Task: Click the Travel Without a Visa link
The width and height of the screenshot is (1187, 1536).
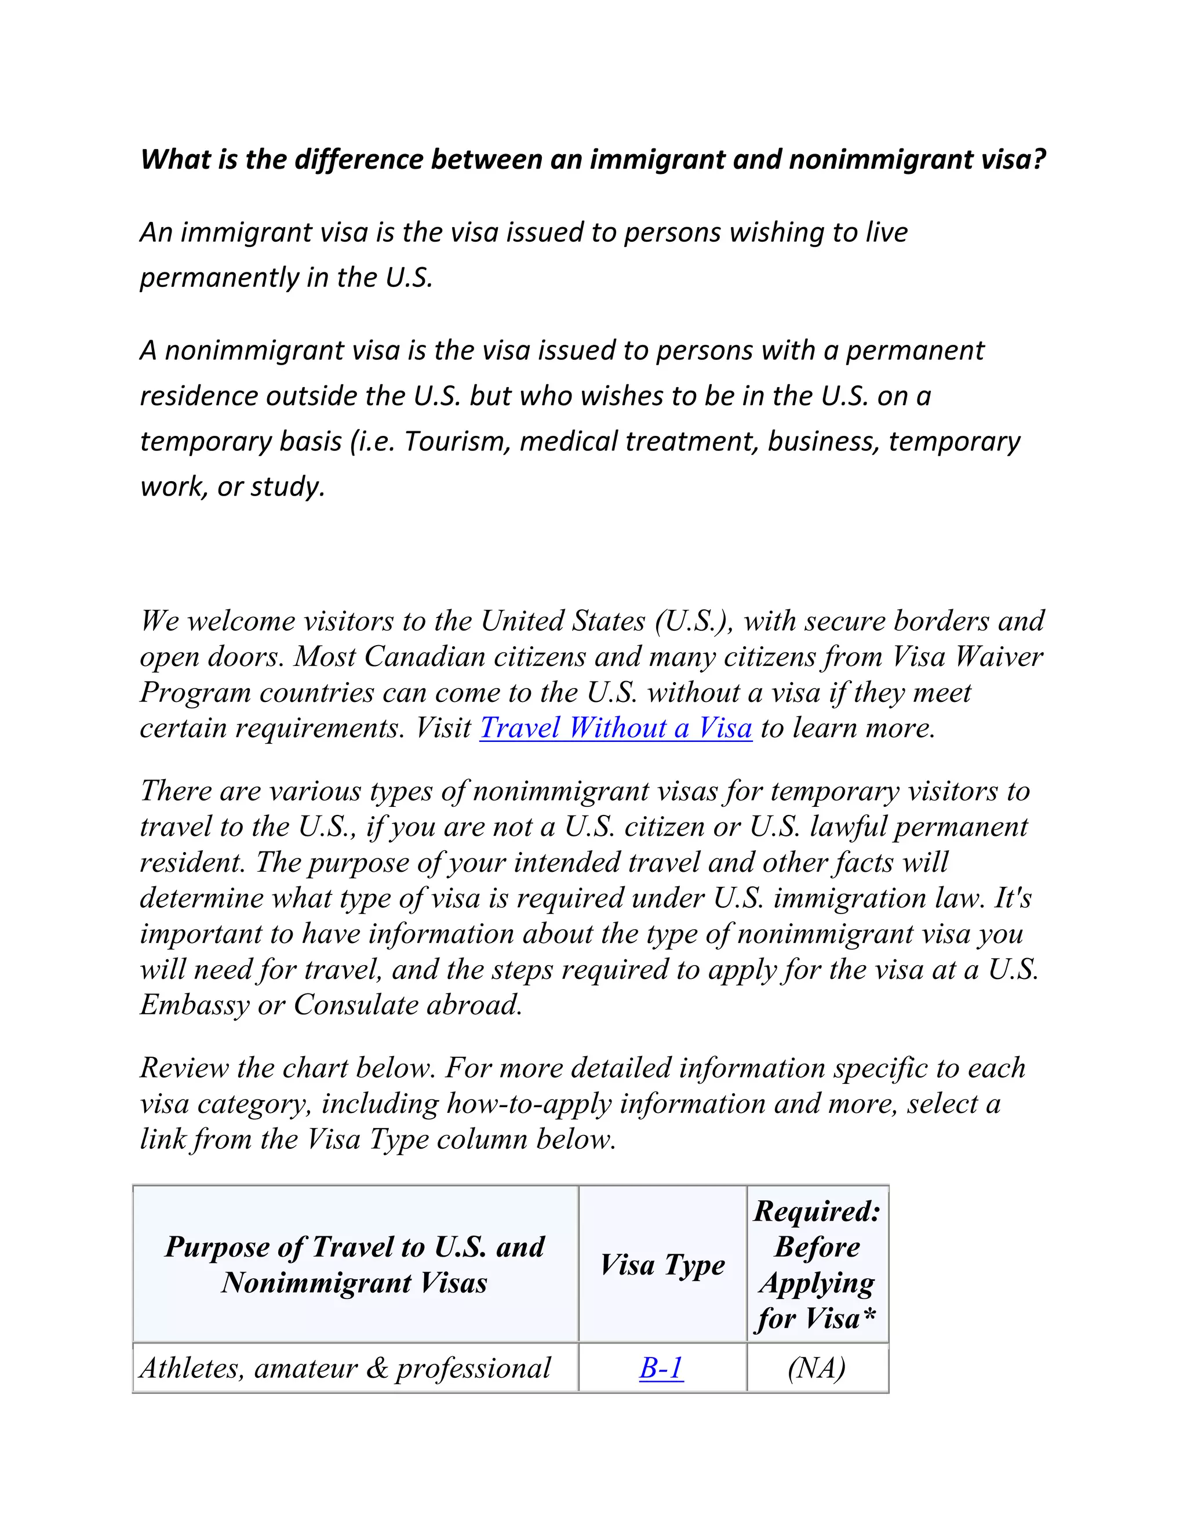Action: pos(616,728)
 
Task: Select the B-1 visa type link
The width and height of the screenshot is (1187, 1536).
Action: pos(661,1368)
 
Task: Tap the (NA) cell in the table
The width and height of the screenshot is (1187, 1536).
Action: pos(817,1368)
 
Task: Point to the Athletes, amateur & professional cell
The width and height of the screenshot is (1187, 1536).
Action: pos(345,1368)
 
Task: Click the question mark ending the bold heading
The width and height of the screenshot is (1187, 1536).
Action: pos(1039,159)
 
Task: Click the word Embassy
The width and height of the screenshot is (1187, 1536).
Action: pos(194,1005)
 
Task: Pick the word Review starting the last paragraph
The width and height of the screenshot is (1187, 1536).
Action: pos(184,1068)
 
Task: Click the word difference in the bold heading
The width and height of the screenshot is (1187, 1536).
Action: pos(358,159)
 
